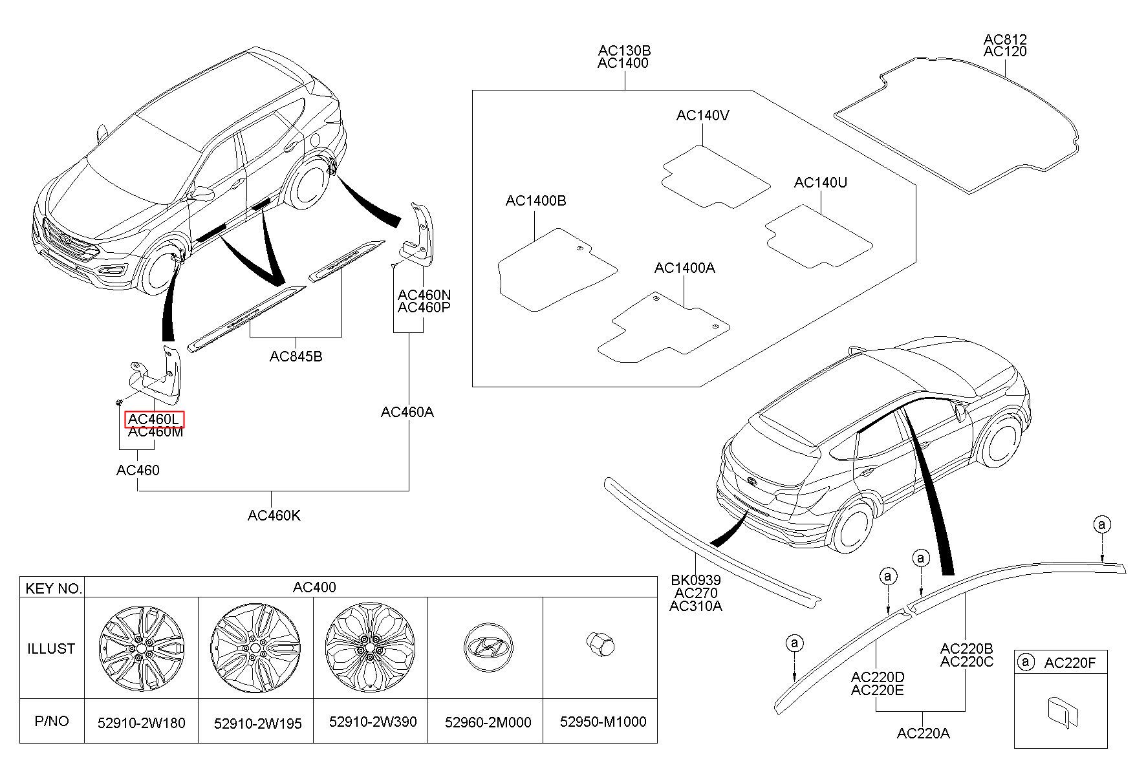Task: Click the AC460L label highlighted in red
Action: pos(155,419)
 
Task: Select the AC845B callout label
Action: pos(296,356)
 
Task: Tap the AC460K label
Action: pos(274,515)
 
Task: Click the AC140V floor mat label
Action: pos(703,115)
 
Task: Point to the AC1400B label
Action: pos(535,201)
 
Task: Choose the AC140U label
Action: pos(821,183)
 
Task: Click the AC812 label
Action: pos(1005,39)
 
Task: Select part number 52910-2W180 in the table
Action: pos(142,722)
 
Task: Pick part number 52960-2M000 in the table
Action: pos(488,722)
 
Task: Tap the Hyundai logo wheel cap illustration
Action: pos(487,648)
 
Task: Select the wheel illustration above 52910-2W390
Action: pos(370,648)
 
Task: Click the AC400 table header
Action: pos(314,587)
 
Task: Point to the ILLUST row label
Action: pos(51,649)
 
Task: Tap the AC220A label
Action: pos(924,733)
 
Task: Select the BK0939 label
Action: pos(696,581)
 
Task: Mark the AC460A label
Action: pos(407,412)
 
